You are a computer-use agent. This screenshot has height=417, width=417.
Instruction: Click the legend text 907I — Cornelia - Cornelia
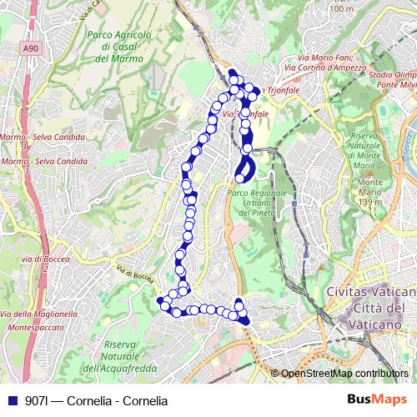[x=97, y=400]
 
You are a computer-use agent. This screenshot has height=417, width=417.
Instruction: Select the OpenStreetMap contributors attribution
[x=344, y=374]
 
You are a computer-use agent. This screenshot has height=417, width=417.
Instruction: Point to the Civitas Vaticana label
[x=371, y=293]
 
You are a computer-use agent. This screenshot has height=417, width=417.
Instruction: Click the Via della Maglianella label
[x=39, y=314]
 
